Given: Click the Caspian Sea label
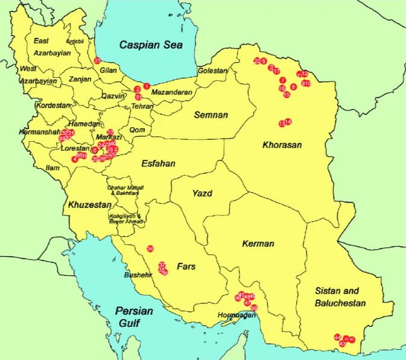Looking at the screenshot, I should pos(151,45).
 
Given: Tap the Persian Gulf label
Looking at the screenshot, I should pos(133,317).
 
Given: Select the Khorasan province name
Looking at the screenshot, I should pos(282,145).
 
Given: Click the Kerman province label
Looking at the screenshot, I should pos(258,244).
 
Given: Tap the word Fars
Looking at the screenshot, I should pos(185,265).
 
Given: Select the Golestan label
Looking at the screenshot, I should pos(213,71).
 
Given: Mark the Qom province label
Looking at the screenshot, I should pos(137,130).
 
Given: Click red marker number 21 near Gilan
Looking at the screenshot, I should pos(97,60).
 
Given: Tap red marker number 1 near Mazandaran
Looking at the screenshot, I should pos(146,86).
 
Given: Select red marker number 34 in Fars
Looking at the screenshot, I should pos(150,248).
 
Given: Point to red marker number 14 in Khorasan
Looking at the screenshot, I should pos(288,122).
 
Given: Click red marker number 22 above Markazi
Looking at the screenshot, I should pos(110,132).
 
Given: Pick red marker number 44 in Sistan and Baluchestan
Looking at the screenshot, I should pos(337,338).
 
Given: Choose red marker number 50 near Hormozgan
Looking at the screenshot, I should pos(254,308).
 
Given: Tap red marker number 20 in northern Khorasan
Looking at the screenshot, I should pos(257,61).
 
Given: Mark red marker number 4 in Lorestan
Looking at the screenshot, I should pos(75,159).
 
